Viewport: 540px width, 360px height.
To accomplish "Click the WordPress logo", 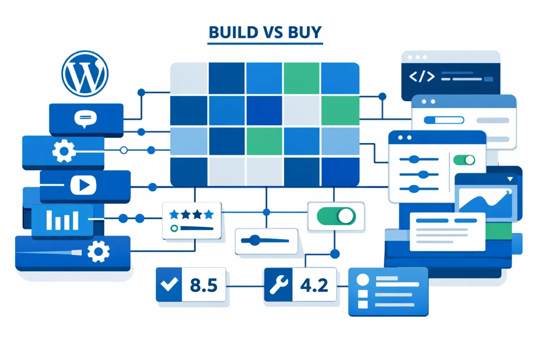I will coord(85,73).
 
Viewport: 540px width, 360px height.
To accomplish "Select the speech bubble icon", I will coord(85,119).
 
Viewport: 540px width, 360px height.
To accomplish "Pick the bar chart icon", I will coord(63,220).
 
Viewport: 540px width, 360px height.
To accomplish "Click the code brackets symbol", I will coord(422,76).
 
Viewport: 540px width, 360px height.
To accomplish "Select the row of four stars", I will coord(190,215).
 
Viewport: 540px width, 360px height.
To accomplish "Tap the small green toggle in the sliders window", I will coord(464,160).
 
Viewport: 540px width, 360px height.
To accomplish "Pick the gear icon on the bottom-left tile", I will coord(98,252).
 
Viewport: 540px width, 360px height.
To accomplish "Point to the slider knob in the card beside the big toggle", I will coord(255,240).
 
